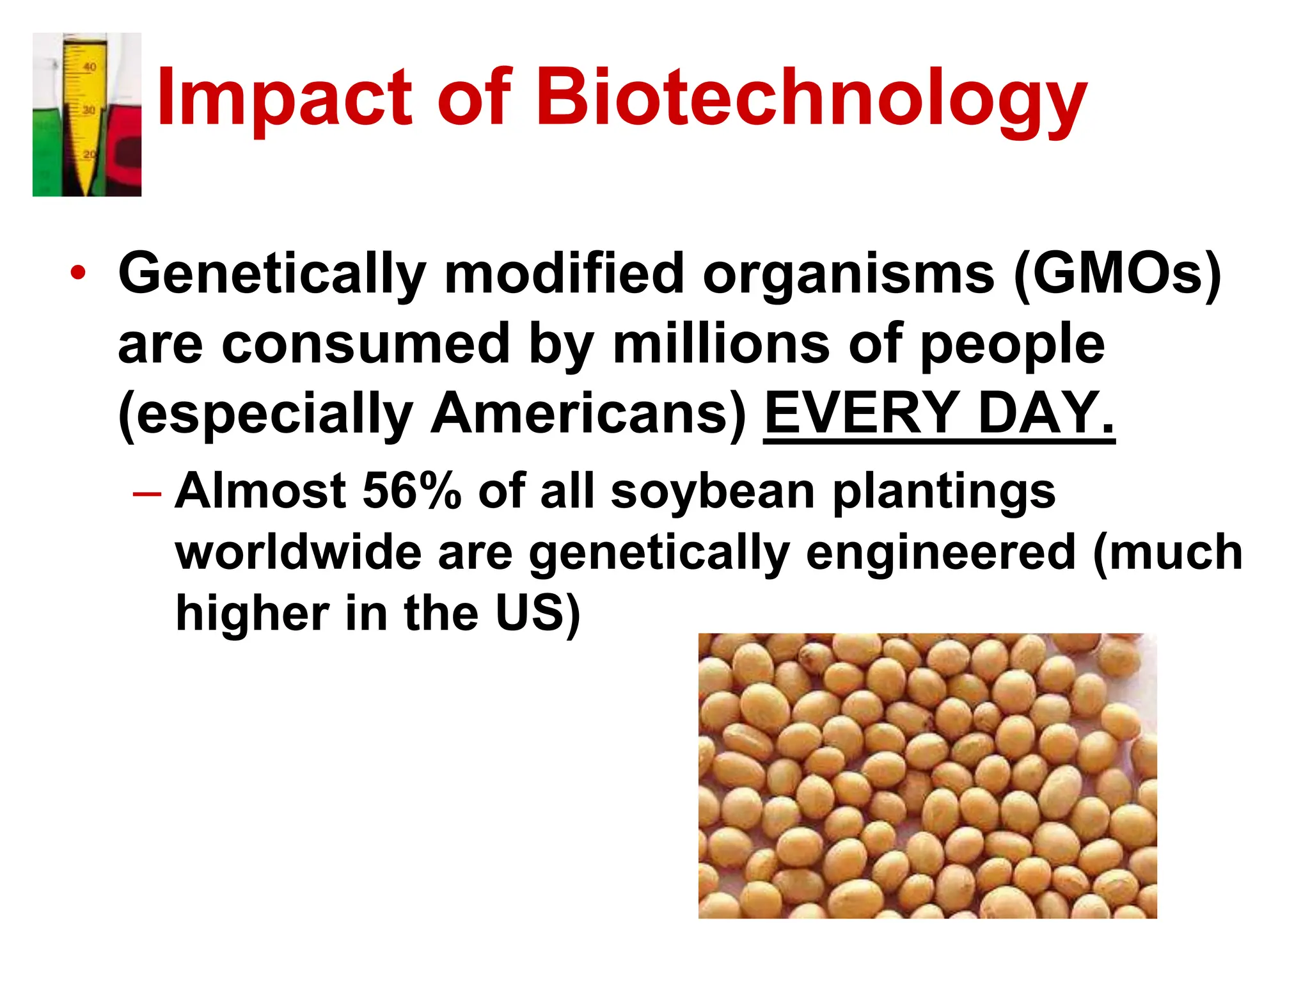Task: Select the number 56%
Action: (x=411, y=491)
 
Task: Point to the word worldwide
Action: (x=298, y=552)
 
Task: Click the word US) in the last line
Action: (x=538, y=613)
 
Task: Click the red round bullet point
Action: (x=78, y=273)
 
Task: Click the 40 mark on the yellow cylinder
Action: (x=90, y=67)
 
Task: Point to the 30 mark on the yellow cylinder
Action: (x=88, y=110)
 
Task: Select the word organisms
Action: (x=848, y=274)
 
